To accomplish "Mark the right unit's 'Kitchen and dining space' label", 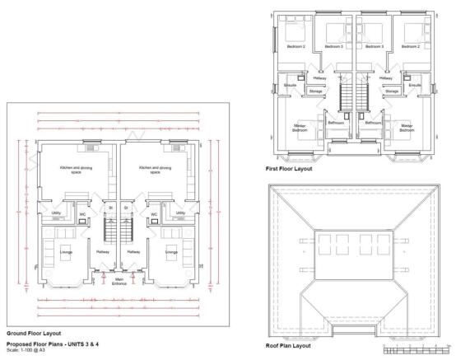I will (x=155, y=169).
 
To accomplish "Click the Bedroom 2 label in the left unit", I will (x=296, y=47).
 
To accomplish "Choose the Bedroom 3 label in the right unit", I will (x=375, y=47).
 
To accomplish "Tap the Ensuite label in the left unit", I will (x=290, y=85).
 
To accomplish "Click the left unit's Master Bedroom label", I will (x=300, y=128).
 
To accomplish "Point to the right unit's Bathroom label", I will (x=373, y=123).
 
